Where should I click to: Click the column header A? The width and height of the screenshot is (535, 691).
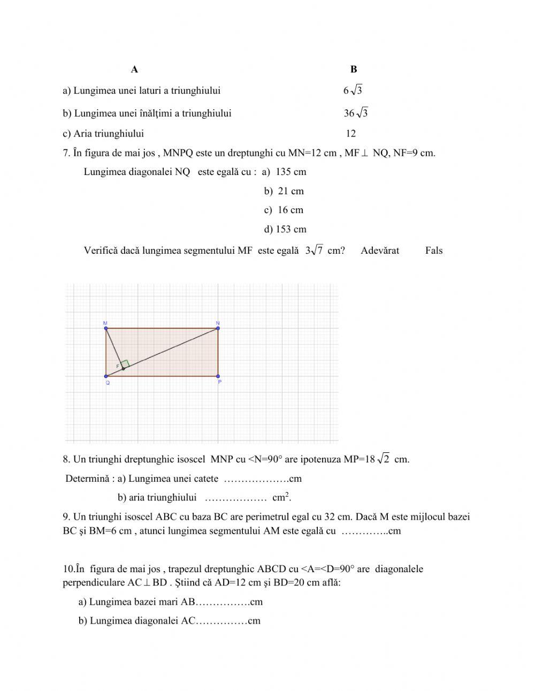[134, 70]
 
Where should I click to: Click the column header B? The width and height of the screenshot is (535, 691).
[354, 70]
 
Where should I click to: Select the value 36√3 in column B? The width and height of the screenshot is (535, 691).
[356, 113]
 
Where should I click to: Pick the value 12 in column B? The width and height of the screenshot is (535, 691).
[350, 134]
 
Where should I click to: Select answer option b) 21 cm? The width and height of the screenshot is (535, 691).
[284, 191]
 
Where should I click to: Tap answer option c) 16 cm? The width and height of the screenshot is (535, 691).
[284, 210]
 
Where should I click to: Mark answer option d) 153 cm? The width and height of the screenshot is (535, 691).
[285, 230]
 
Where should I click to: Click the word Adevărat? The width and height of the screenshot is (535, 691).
[380, 250]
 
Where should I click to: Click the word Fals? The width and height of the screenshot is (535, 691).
[434, 250]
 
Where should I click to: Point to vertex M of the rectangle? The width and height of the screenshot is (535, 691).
[106, 328]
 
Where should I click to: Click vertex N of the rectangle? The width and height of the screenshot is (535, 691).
[218, 328]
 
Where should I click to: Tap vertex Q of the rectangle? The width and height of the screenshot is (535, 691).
[106, 376]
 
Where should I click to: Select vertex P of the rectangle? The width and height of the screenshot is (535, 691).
[218, 376]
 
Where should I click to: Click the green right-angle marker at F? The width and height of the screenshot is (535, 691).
[125, 363]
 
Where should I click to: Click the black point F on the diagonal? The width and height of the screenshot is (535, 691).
[123, 369]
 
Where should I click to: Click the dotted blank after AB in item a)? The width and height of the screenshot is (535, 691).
[223, 602]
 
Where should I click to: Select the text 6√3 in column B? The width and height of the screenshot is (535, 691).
[353, 90]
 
